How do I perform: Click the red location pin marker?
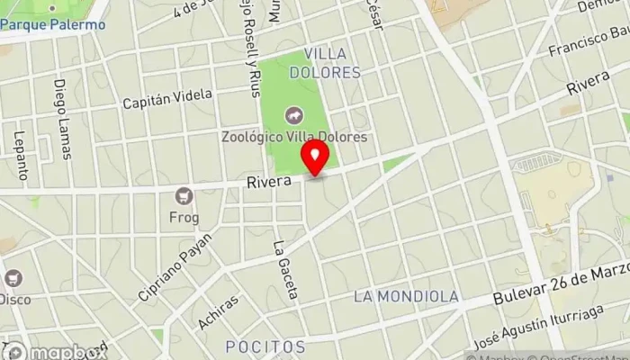tap(315, 158)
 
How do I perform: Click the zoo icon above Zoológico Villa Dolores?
tap(292, 115)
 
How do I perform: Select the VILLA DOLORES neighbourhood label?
tap(332, 62)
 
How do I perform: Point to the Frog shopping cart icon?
tap(185, 194)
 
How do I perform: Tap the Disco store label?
tap(14, 298)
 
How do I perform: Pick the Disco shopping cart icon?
tap(13, 278)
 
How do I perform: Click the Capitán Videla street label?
tap(168, 97)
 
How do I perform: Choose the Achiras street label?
tap(220, 314)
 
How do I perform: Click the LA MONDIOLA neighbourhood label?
tap(406, 296)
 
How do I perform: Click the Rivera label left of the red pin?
tap(269, 182)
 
